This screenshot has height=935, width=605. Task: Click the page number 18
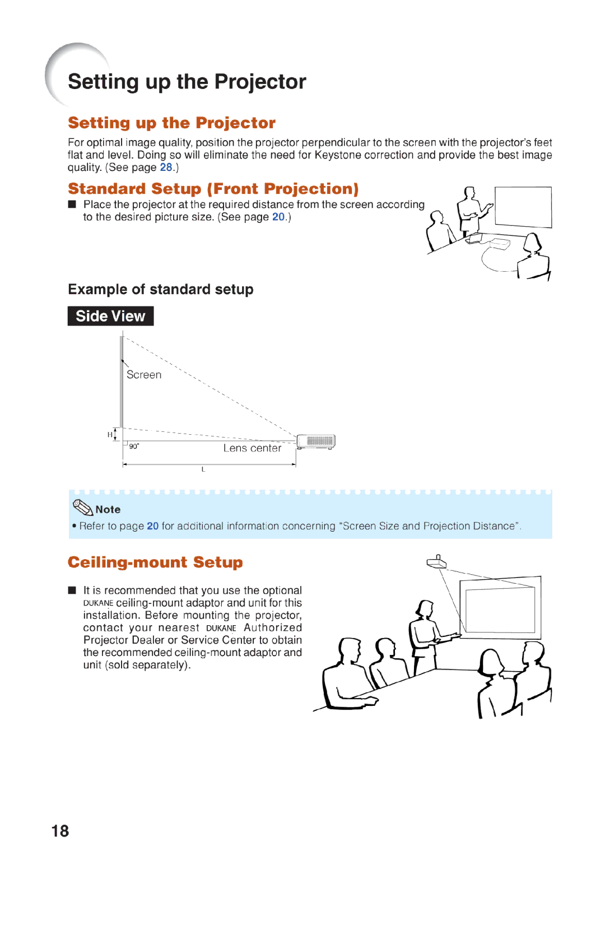(60, 831)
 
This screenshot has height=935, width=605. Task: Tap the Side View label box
(110, 316)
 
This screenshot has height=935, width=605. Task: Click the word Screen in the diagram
(144, 375)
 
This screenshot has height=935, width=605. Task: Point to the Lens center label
(252, 448)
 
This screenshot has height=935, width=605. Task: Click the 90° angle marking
(134, 446)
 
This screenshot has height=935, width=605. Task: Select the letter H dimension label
(110, 435)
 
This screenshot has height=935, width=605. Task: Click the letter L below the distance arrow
(203, 469)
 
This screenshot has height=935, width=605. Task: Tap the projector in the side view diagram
(316, 441)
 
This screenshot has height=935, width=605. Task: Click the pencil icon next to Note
(83, 508)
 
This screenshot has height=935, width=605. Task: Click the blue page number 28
(166, 168)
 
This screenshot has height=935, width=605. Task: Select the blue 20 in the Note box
(152, 526)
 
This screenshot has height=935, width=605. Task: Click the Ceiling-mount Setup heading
(155, 562)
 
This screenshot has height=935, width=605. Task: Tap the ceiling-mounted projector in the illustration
(436, 561)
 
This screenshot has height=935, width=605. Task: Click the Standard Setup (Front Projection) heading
(213, 189)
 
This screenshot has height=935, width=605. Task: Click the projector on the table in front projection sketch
(499, 244)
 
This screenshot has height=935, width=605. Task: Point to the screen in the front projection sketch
(523, 207)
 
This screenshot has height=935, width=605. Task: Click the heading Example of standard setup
(161, 289)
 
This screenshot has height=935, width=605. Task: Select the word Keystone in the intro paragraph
(338, 155)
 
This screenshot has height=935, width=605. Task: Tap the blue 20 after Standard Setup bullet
(278, 217)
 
